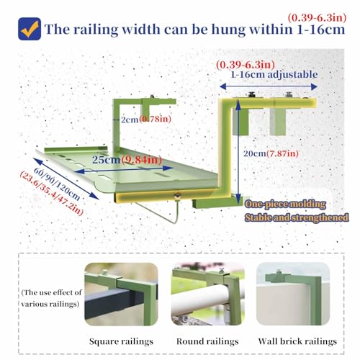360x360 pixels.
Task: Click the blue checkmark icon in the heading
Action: click(30, 29)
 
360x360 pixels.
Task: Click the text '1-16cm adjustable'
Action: click(274, 74)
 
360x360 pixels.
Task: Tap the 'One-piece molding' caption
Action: click(285, 204)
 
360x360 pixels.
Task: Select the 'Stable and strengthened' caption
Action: click(297, 217)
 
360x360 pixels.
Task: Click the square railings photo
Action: click(121, 294)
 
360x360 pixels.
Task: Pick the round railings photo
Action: click(208, 294)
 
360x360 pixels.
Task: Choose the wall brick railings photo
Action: click(293, 294)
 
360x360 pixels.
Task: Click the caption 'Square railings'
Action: click(121, 341)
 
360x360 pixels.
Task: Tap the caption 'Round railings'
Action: click(207, 341)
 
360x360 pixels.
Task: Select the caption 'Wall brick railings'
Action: click(297, 341)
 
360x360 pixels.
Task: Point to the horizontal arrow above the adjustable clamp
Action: click(269, 86)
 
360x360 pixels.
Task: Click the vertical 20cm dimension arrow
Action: click(238, 152)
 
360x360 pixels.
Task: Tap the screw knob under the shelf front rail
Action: click(177, 196)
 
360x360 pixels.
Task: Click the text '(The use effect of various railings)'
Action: click(51, 298)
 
